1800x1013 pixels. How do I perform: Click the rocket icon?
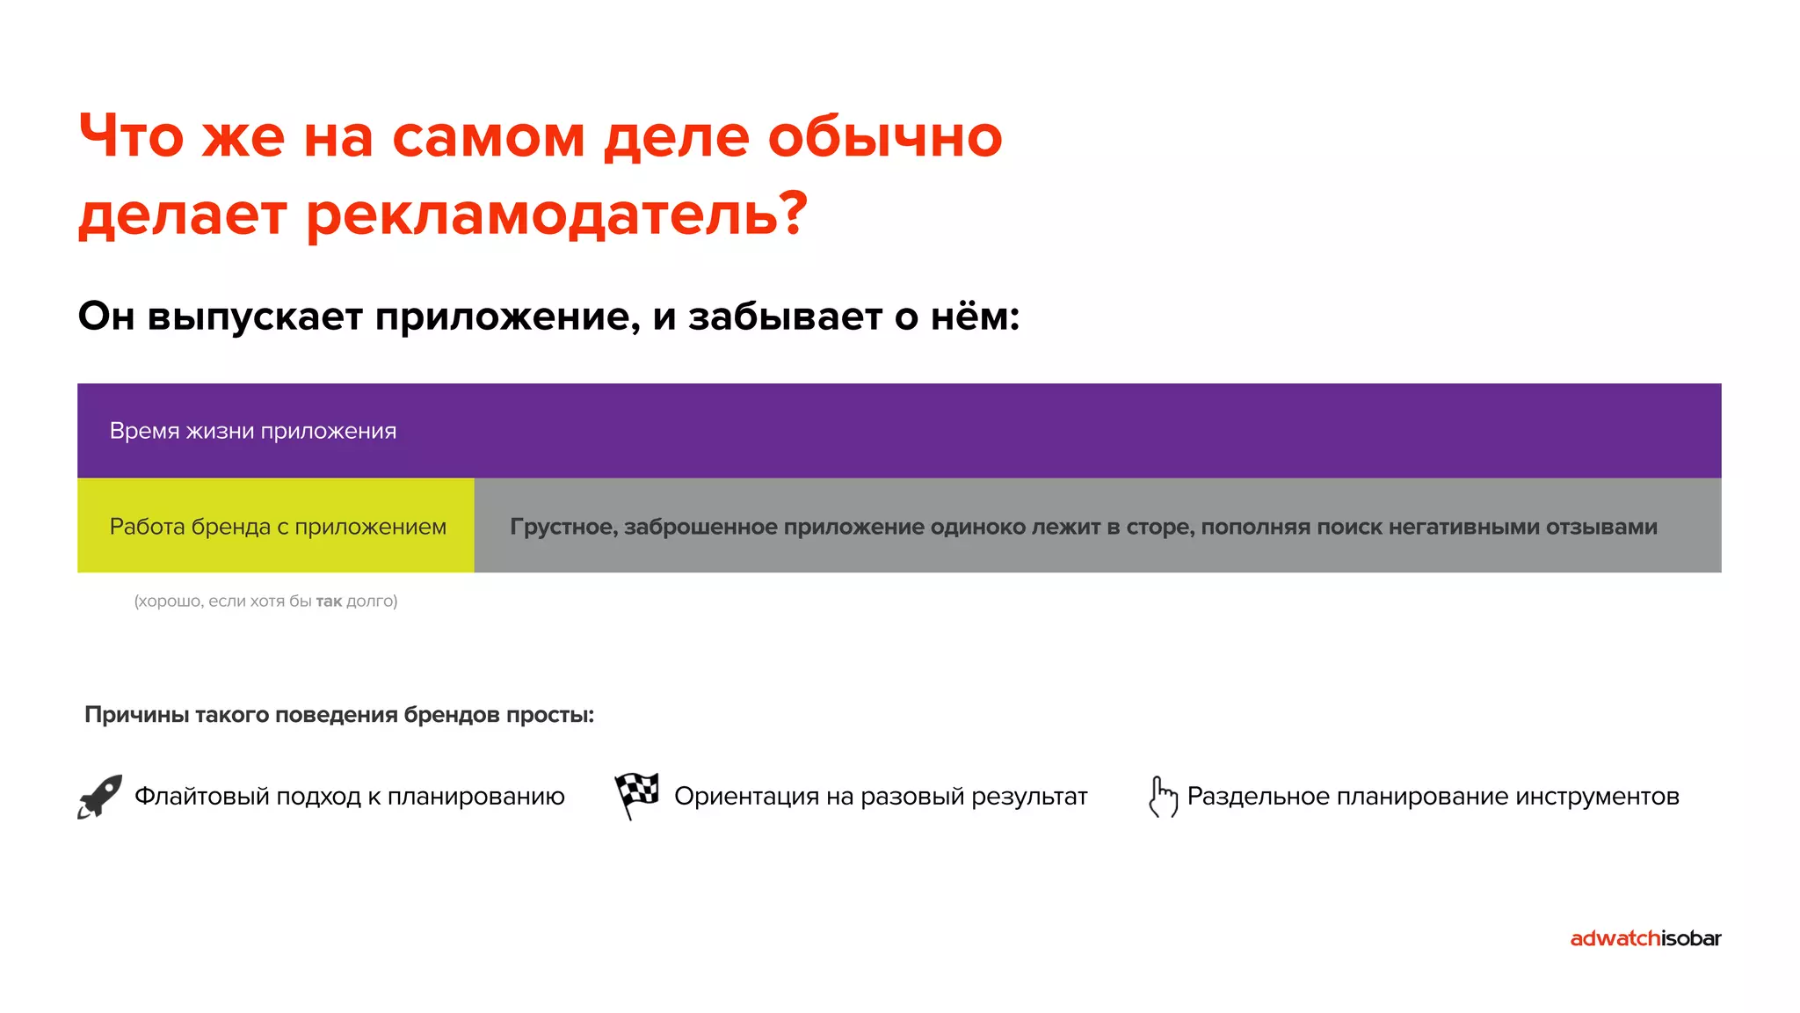click(x=99, y=797)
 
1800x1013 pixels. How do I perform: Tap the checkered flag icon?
click(x=637, y=795)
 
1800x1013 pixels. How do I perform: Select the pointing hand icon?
click(x=1163, y=797)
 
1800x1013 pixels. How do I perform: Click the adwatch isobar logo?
click(x=1644, y=938)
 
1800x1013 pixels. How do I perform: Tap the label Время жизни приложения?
click(x=253, y=431)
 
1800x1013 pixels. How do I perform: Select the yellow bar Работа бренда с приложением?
click(x=277, y=526)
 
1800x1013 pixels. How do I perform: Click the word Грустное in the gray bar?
click(x=563, y=527)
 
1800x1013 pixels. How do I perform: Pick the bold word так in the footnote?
click(x=329, y=601)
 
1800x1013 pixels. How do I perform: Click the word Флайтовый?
click(x=200, y=797)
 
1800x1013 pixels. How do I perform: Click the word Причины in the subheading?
click(x=136, y=715)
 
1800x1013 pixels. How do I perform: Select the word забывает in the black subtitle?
click(x=785, y=317)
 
